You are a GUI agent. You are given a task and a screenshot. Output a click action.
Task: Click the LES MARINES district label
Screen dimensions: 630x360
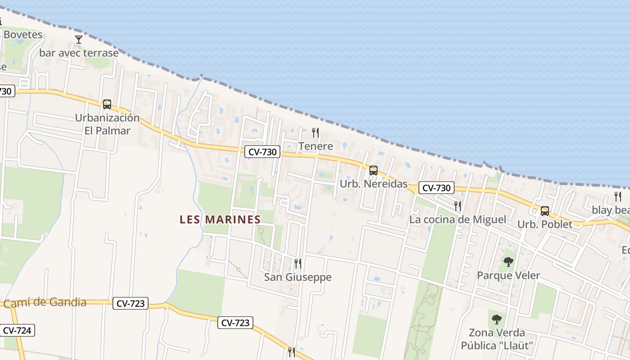pos(220,220)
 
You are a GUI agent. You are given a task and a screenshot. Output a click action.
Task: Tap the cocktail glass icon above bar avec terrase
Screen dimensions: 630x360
pos(79,40)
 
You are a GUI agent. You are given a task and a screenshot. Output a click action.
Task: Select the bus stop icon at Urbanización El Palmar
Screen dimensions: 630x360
pos(107,104)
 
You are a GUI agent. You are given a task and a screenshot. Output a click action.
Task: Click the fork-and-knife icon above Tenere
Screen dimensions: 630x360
pos(315,133)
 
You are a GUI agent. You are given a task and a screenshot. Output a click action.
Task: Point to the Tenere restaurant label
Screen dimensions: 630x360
pos(316,146)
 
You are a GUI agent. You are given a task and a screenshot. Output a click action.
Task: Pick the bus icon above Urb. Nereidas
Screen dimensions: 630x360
pos(373,171)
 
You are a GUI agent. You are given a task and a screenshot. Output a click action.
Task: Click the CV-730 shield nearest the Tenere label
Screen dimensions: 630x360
pos(263,152)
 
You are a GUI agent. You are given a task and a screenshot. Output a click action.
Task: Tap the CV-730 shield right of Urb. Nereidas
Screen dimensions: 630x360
pos(436,188)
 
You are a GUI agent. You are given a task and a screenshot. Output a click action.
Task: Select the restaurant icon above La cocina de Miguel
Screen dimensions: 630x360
pos(458,206)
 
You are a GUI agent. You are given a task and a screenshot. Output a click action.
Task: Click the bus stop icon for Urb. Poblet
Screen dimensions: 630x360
pos(545,211)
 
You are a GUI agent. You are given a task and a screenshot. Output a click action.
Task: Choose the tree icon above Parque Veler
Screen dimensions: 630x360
pos(508,261)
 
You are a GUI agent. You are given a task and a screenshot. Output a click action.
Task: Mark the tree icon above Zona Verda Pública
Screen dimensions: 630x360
pos(497,319)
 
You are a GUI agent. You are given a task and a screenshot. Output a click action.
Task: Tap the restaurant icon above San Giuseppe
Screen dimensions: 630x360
pos(297,263)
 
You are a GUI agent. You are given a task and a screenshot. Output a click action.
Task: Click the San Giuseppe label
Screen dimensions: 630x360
pos(298,277)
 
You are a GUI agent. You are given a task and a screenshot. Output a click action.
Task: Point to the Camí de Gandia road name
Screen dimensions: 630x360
pos(45,302)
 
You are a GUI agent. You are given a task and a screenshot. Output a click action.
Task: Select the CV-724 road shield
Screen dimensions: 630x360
pos(17,331)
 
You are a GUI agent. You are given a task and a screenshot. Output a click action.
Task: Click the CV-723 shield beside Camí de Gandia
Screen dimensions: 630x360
pos(130,304)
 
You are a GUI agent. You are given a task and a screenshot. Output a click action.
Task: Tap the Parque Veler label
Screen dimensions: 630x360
pos(508,275)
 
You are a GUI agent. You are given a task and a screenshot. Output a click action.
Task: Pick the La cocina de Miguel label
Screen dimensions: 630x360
pos(458,220)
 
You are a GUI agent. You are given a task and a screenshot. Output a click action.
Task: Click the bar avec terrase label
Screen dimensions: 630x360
pos(79,53)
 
